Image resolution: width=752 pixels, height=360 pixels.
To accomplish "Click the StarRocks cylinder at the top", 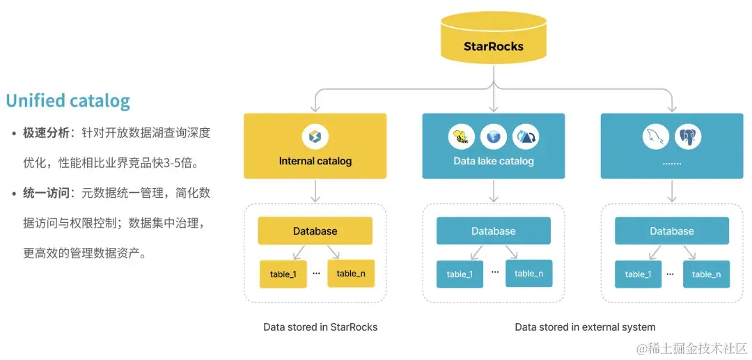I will point(493,43).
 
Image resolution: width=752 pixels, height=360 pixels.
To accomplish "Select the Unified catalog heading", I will point(68,101).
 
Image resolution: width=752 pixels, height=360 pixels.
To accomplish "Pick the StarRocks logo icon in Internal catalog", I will point(315,136).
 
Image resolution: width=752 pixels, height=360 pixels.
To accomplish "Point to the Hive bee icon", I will point(461,136).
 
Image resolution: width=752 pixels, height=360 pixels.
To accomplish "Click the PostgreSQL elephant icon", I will point(688,136).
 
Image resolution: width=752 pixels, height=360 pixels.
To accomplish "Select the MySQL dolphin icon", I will point(656,136).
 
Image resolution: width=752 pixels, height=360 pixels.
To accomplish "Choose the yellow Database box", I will point(315,231).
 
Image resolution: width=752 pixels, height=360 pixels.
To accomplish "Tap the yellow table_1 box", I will point(283,274).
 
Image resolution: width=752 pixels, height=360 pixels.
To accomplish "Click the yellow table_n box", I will point(351,274).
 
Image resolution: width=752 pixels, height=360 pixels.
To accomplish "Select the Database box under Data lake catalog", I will point(493,231).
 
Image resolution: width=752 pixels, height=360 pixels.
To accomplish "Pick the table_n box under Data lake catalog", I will point(529,274).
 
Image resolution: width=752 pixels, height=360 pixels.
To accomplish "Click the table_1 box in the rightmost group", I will point(638,274).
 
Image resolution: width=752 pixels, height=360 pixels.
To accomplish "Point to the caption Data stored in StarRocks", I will point(320,327).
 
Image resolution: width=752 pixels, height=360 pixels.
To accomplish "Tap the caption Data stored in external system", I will point(585,327).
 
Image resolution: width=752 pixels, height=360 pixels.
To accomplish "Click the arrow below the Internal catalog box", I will point(315,190).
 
